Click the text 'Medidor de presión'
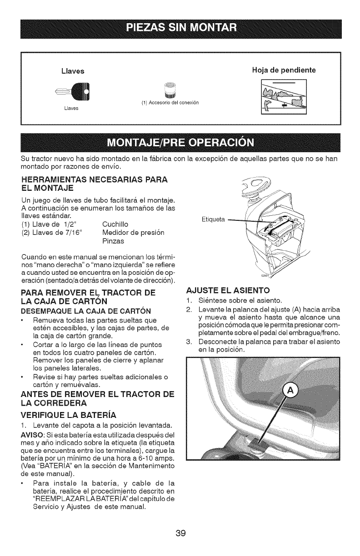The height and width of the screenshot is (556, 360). pyautogui.click(x=130, y=232)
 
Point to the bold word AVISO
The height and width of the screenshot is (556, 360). pyautogui.click(x=32, y=435)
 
